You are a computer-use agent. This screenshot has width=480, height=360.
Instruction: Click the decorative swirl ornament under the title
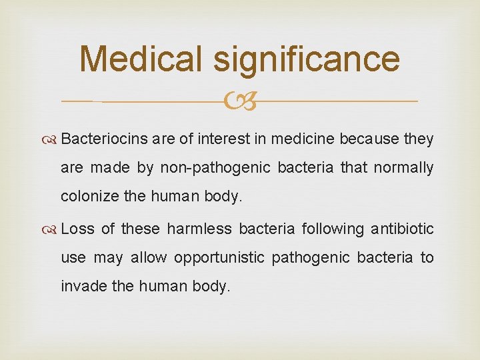(240, 102)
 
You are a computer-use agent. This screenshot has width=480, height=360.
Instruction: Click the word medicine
(297, 139)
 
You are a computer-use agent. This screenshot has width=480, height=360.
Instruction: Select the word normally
(403, 168)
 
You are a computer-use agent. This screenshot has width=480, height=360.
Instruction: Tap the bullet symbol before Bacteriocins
(53, 140)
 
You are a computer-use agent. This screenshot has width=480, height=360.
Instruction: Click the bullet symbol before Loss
(53, 229)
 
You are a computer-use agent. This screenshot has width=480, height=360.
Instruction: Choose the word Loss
(77, 229)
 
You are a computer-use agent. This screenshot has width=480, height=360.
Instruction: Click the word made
(111, 168)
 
